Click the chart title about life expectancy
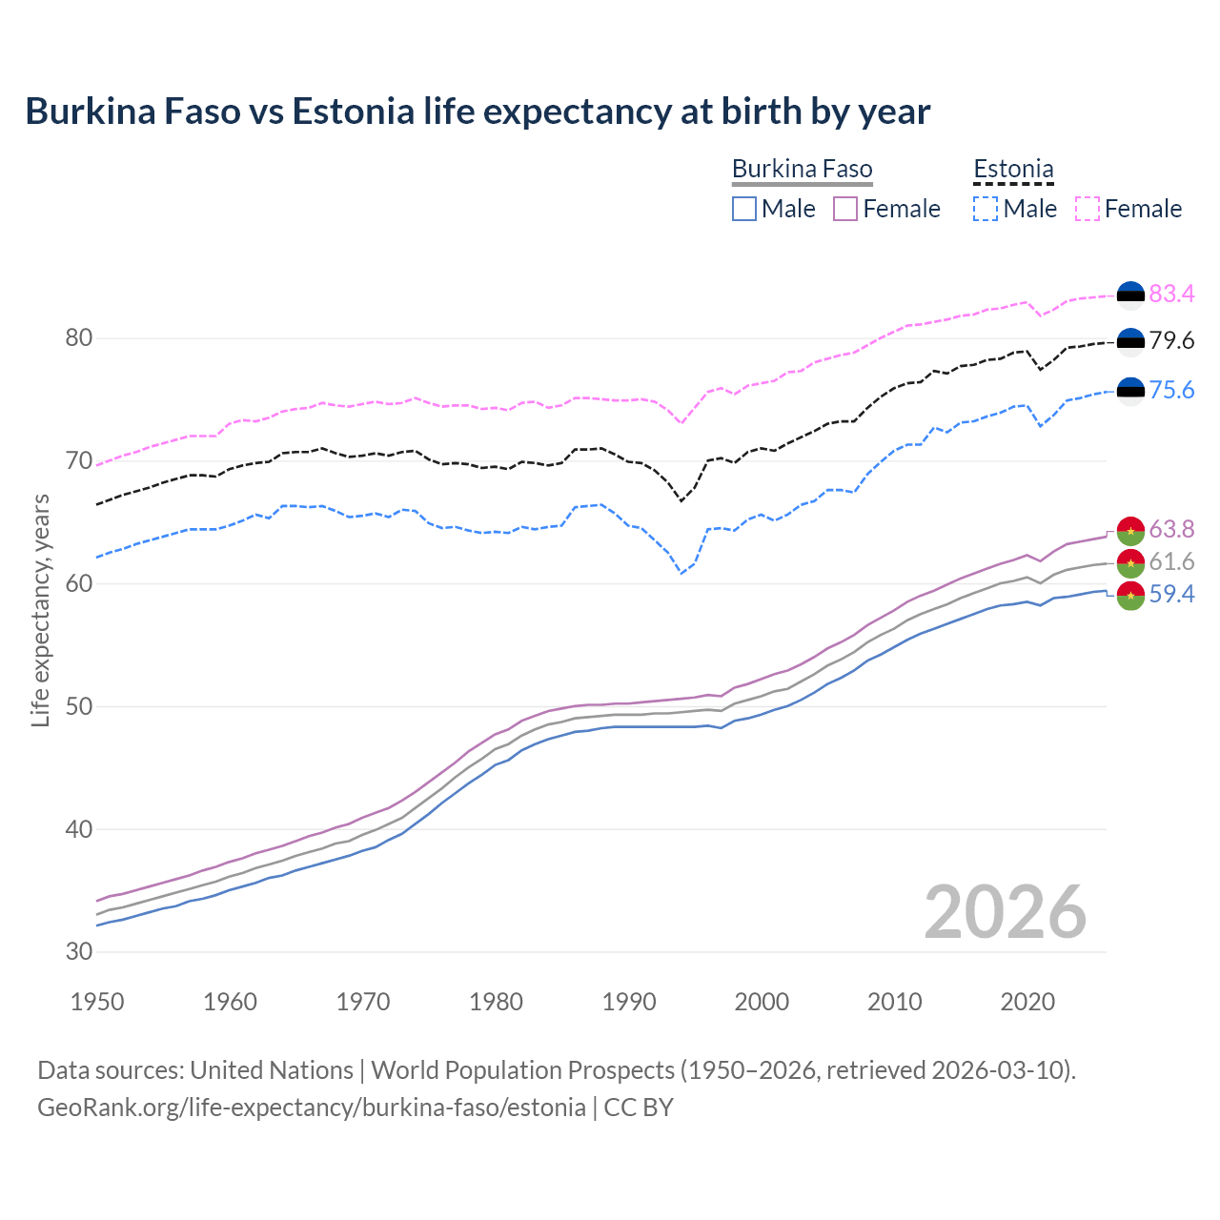[x=478, y=112]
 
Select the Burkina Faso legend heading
[x=802, y=170]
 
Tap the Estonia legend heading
[x=1013, y=170]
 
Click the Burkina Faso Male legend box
[x=744, y=209]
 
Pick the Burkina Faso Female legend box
[x=845, y=209]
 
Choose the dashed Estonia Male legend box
[x=986, y=209]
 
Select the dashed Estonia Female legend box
[x=1088, y=209]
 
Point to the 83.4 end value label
[x=1171, y=295]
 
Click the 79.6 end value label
[x=1171, y=341]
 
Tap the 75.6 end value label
[x=1171, y=391]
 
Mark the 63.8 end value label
[x=1171, y=530]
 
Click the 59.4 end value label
[x=1171, y=595]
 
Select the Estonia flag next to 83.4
[x=1130, y=295]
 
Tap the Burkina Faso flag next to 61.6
[x=1130, y=562]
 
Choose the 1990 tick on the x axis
[x=629, y=1002]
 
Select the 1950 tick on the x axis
[x=98, y=1002]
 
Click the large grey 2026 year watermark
[x=1005, y=912]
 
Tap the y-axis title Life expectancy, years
[x=41, y=610]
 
